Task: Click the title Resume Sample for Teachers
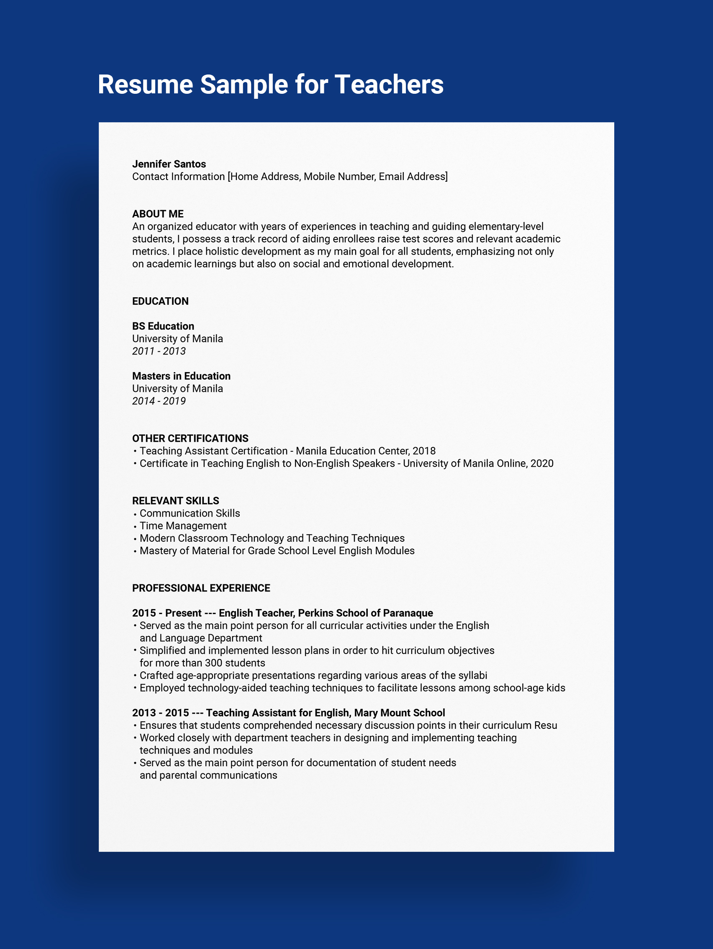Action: click(x=271, y=85)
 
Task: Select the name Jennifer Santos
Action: click(x=169, y=164)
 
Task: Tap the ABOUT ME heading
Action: click(x=158, y=213)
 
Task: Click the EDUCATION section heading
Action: click(x=160, y=301)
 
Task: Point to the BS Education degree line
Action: click(x=163, y=326)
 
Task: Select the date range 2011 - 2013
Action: click(x=159, y=351)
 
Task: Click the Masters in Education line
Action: click(x=181, y=376)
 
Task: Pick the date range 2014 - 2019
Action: click(x=159, y=401)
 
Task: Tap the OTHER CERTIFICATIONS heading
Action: click(x=190, y=438)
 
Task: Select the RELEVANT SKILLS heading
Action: click(x=175, y=501)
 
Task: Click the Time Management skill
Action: click(x=183, y=525)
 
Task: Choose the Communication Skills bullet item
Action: click(x=190, y=513)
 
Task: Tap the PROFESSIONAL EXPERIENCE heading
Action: click(x=201, y=588)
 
